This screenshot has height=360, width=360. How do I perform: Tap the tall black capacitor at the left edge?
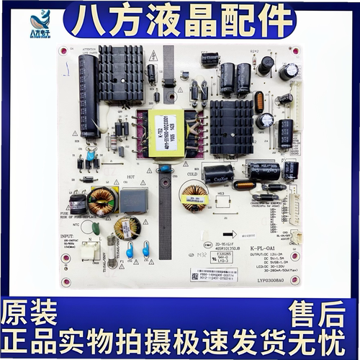[x=88, y=96]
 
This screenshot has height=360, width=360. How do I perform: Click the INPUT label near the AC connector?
[x=67, y=235]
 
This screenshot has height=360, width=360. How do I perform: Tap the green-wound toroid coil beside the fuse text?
[x=101, y=203]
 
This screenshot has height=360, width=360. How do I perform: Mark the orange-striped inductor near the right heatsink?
[x=259, y=102]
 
